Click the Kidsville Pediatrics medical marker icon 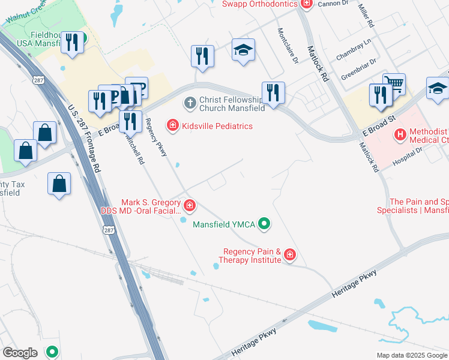pos(173,125)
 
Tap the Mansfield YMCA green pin pos(263,224)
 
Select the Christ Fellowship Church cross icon pos(190,103)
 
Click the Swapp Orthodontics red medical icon pos(307,4)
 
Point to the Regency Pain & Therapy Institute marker pos(290,256)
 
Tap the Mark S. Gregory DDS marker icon pos(190,206)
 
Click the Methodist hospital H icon pos(400,134)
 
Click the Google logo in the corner pos(20,353)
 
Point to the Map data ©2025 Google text pos(411,355)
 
